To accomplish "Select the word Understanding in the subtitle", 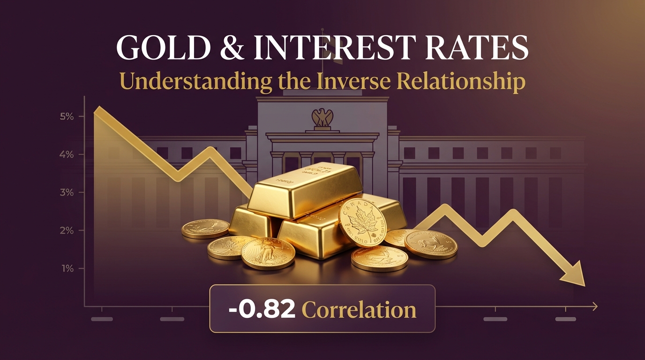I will (196, 81).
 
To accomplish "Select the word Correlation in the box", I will (359, 309).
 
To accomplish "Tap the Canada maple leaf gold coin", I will (362, 222).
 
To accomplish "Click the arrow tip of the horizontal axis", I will (595, 307).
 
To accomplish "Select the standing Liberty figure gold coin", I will (268, 253).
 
